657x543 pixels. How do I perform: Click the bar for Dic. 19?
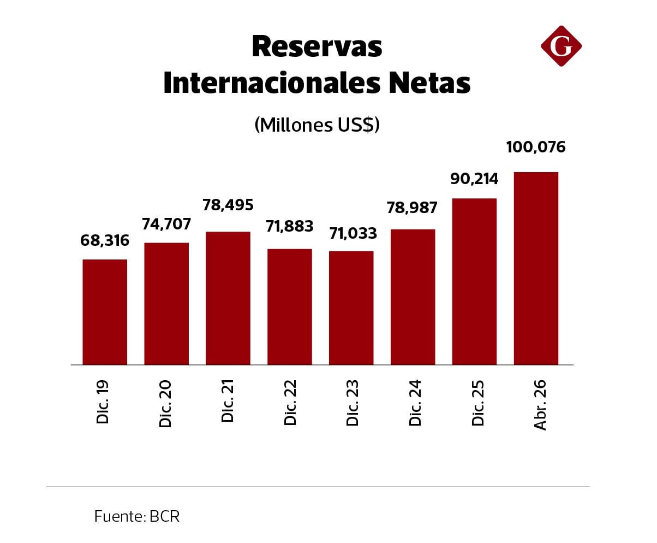click(105, 312)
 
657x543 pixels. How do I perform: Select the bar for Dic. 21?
click(228, 298)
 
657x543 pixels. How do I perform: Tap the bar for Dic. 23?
click(351, 308)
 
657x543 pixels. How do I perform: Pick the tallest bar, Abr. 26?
click(536, 268)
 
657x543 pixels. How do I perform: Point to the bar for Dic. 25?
click(474, 281)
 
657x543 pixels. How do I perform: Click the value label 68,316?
click(105, 240)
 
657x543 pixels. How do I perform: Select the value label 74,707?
click(166, 224)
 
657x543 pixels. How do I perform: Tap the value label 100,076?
click(536, 147)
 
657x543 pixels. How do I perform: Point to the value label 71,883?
click(290, 226)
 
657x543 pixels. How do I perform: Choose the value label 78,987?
click(413, 208)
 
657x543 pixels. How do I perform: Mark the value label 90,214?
click(474, 179)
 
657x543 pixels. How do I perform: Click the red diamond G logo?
click(561, 46)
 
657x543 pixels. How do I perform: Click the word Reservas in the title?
click(316, 46)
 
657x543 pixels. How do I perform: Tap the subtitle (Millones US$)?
click(316, 125)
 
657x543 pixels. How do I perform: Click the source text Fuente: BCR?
click(136, 516)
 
